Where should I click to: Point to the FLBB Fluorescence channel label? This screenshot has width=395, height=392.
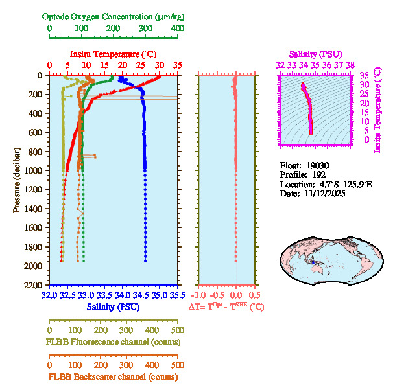(x=113, y=342)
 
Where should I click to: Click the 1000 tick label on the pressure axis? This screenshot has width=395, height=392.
(x=33, y=170)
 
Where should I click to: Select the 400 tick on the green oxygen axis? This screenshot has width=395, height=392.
(x=176, y=29)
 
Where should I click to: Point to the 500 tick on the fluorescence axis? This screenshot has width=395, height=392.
(x=176, y=329)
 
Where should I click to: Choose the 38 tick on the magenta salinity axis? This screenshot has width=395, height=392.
(x=350, y=65)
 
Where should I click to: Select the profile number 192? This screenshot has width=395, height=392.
(x=318, y=175)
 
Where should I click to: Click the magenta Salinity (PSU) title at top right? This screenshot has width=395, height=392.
(x=315, y=54)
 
